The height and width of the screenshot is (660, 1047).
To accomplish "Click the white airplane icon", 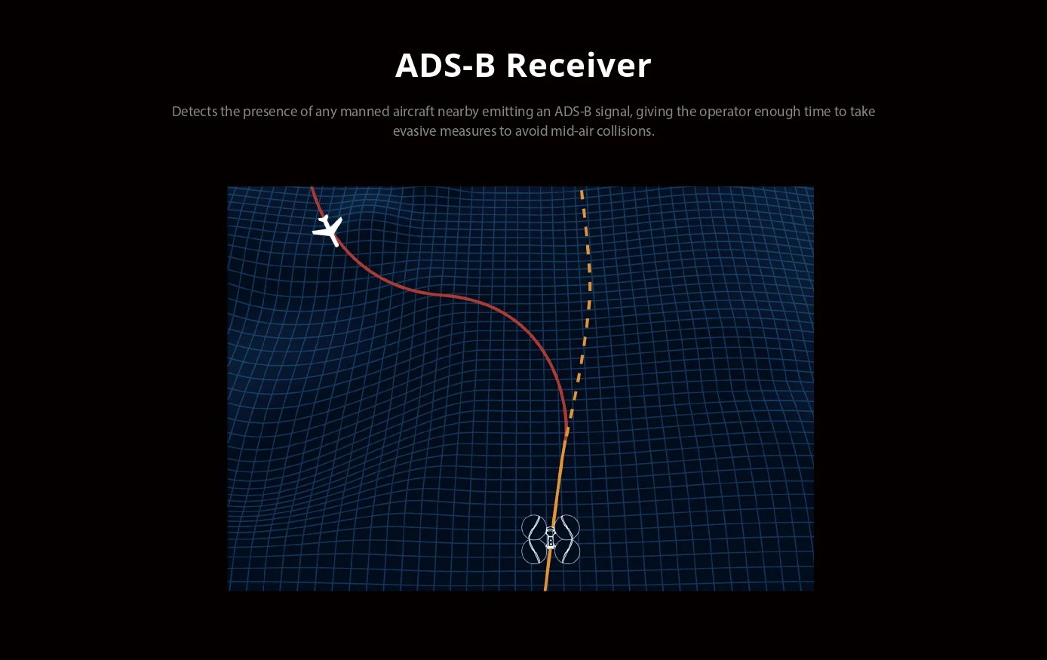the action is (x=328, y=231).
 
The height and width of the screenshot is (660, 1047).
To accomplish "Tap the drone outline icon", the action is (x=551, y=539).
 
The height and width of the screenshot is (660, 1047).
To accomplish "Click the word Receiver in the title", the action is (x=579, y=66).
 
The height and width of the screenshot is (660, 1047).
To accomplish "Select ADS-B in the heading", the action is (x=445, y=66).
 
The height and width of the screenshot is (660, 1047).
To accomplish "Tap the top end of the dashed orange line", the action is (x=582, y=190).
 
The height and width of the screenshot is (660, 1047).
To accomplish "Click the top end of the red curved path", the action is (x=312, y=187).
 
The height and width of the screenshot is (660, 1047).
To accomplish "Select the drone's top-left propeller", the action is (x=534, y=527).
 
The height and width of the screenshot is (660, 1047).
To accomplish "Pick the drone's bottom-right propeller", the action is (x=567, y=551).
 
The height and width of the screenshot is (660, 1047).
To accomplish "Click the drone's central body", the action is (x=551, y=539).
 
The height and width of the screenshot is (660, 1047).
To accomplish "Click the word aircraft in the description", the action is (x=413, y=111).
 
